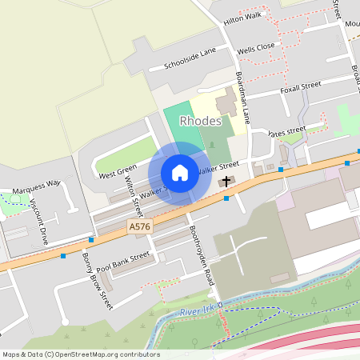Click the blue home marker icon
(180, 172)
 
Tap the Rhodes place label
(201, 121)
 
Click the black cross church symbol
(226, 182)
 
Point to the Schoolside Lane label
(190, 58)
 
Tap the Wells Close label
(255, 46)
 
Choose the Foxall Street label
(301, 86)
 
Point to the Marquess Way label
(37, 187)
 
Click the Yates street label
(288, 130)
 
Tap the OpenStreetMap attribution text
(81, 354)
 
